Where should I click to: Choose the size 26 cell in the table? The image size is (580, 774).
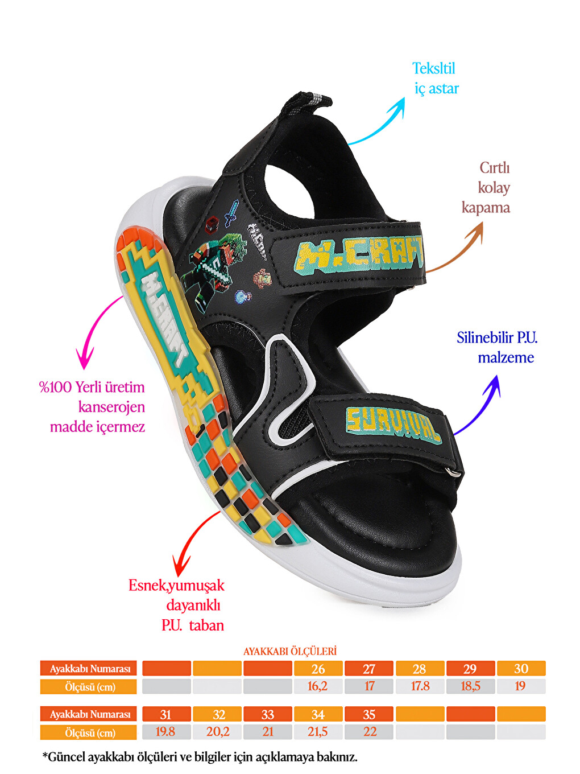pos(318,669)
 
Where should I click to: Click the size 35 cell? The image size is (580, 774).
pos(368,714)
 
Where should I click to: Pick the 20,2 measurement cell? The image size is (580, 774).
pos(217,732)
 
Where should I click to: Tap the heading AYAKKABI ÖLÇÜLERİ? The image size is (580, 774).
pos(290,651)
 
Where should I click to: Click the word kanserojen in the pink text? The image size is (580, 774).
pos(111,407)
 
